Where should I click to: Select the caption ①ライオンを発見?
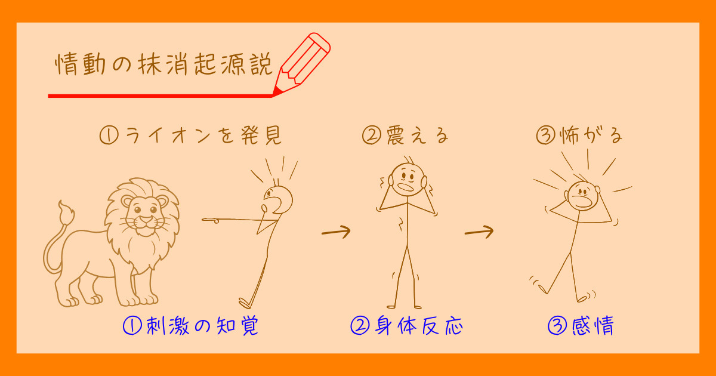[190, 137]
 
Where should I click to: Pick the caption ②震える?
[405, 137]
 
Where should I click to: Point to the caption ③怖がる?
[579, 137]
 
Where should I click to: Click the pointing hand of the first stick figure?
[211, 220]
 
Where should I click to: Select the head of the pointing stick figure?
[278, 199]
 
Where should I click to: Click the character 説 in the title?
[260, 64]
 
